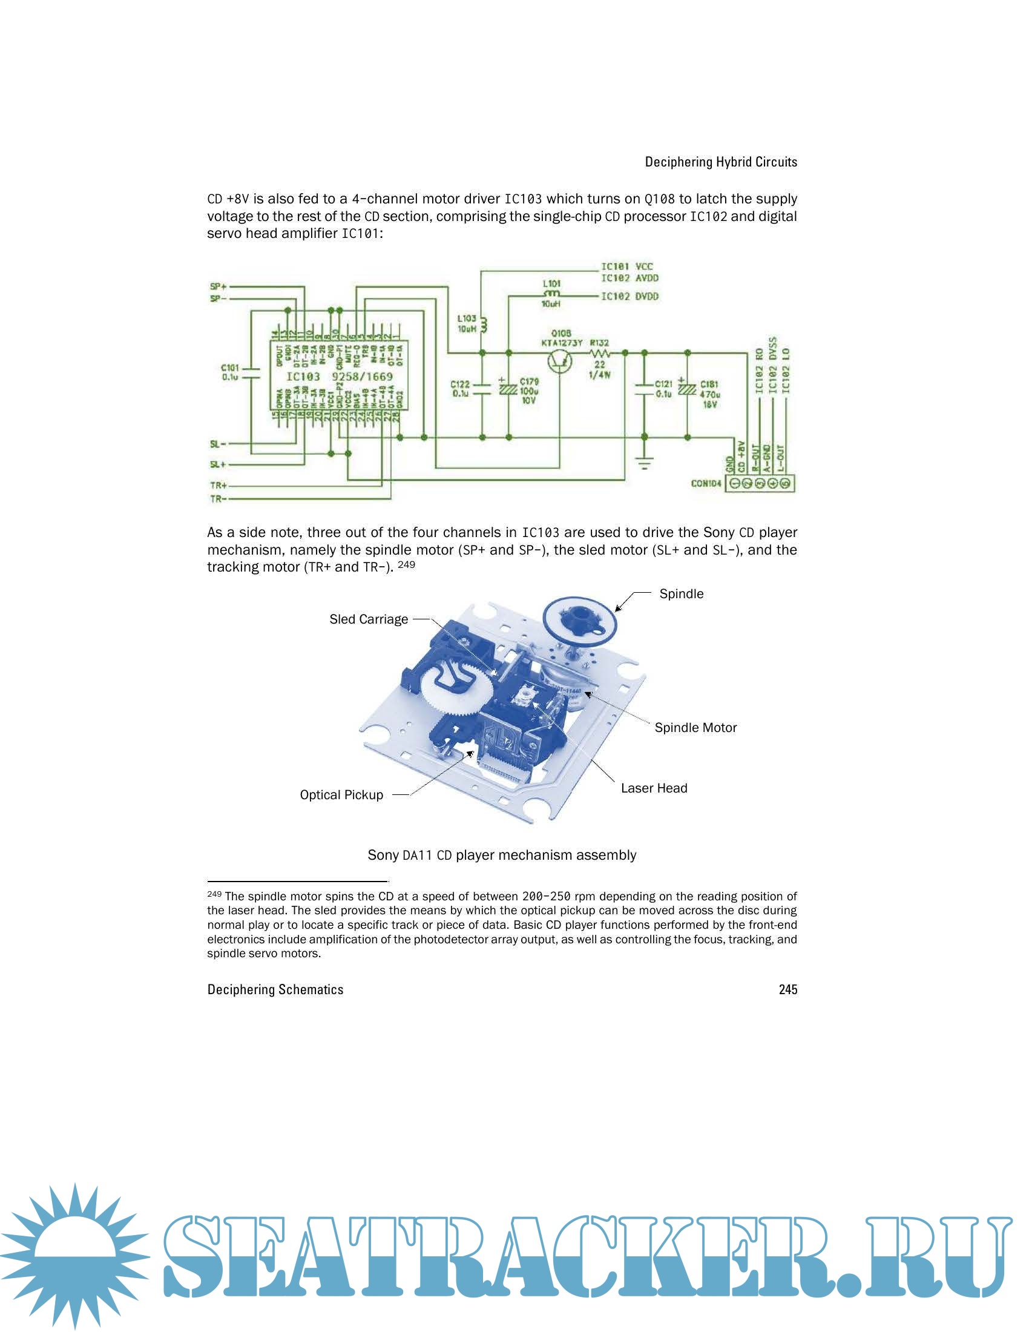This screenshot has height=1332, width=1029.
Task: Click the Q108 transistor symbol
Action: click(559, 361)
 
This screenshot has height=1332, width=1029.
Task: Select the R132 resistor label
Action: click(599, 343)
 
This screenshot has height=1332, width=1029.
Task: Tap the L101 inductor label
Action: click(551, 283)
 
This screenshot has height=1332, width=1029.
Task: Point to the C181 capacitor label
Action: click(709, 384)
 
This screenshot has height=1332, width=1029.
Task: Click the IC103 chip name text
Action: click(303, 377)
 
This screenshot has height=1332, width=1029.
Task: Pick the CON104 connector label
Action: click(706, 484)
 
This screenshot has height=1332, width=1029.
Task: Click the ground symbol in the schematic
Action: click(645, 464)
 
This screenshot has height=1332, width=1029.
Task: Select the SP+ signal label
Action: click(218, 286)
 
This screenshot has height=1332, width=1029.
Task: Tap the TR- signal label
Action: click(219, 499)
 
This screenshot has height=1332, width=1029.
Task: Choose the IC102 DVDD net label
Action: click(630, 297)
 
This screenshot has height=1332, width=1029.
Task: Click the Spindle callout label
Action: click(681, 594)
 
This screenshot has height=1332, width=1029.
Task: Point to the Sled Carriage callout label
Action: click(368, 619)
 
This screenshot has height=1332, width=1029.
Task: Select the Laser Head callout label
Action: click(654, 788)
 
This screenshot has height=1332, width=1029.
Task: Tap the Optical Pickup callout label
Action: click(341, 795)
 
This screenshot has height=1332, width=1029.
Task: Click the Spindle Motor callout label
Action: click(695, 728)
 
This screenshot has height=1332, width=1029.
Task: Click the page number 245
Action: click(787, 989)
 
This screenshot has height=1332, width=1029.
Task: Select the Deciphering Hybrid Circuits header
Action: click(720, 162)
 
